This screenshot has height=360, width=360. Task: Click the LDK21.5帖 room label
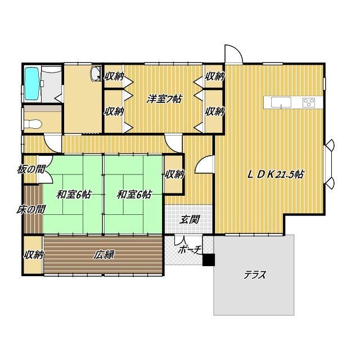(x=276, y=174)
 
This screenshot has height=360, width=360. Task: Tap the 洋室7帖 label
(x=164, y=98)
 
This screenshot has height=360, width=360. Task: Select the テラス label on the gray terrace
(x=254, y=275)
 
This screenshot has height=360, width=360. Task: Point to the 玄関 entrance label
(x=188, y=220)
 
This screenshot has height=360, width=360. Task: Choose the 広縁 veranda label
(x=104, y=255)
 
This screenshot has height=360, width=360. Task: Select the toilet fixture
(x=34, y=124)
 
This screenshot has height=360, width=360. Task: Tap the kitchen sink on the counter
(x=280, y=102)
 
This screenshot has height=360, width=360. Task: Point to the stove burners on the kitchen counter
(x=309, y=102)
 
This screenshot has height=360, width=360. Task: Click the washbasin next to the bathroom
(x=95, y=73)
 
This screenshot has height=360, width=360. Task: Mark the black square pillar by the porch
(x=209, y=260)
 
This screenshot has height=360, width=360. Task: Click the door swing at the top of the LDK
(x=233, y=54)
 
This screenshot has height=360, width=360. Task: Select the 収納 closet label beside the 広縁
(x=33, y=255)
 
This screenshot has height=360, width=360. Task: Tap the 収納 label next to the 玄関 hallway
(x=174, y=174)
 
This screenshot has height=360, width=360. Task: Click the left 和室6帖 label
(x=73, y=195)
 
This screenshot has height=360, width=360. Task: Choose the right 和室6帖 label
(x=134, y=195)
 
